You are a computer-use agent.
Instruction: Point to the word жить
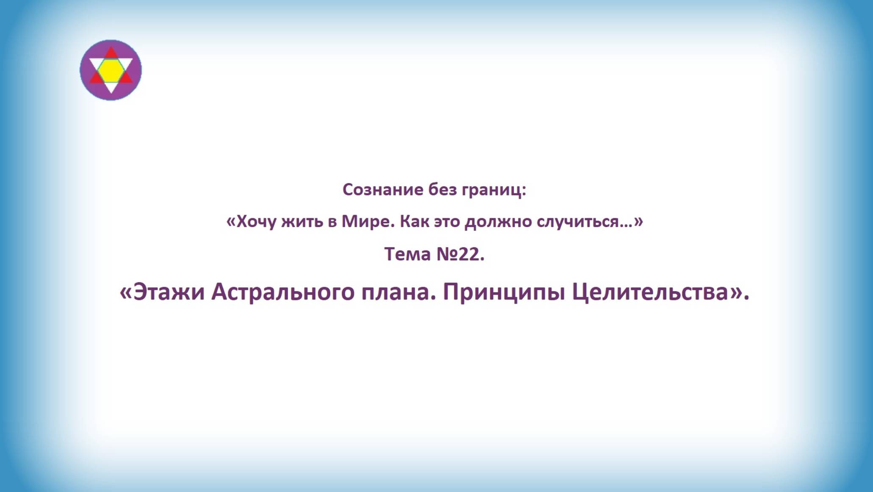[301, 222]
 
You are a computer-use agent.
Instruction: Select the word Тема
[407, 254]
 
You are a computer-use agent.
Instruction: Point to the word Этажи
[169, 292]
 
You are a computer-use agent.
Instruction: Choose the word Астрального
[283, 292]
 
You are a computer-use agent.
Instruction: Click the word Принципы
[504, 292]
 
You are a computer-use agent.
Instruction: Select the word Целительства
[650, 292]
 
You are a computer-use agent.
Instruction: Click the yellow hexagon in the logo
[111, 70]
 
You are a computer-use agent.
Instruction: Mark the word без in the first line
[443, 189]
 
